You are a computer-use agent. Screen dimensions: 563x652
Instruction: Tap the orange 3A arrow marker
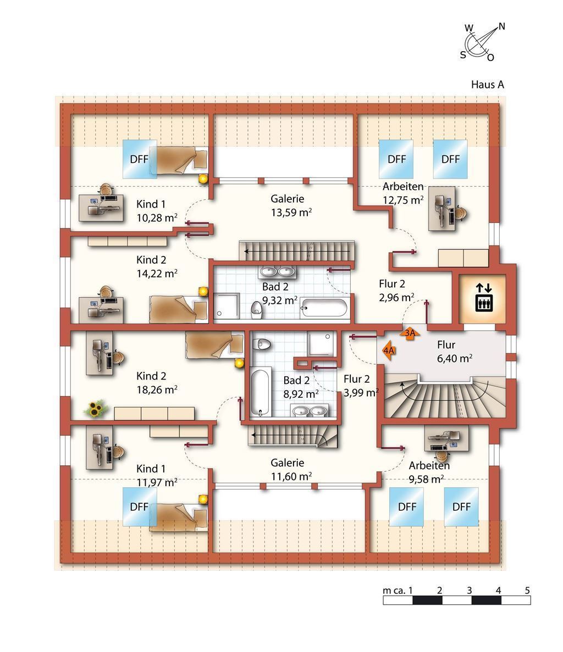410,333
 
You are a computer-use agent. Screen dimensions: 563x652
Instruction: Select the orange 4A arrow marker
389,350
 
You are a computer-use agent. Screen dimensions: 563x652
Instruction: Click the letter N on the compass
502,26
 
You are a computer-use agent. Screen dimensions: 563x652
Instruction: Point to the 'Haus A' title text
487,85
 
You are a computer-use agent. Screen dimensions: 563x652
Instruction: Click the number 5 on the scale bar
527,590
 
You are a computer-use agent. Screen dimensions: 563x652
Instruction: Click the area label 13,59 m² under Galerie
291,213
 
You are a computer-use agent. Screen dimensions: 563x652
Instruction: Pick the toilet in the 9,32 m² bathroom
256,309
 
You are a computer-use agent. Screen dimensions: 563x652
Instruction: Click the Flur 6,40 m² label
454,352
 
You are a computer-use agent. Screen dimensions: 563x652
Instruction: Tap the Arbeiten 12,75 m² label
403,193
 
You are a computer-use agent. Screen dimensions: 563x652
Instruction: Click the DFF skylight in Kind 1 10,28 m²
140,159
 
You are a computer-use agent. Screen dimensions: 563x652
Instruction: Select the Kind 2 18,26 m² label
157,382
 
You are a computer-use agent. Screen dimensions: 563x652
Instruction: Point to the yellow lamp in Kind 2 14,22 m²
203,291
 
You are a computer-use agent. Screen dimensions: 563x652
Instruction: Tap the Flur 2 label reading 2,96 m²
396,291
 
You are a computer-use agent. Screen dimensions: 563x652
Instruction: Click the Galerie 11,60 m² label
291,470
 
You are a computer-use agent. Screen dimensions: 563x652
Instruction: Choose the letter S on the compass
463,55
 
